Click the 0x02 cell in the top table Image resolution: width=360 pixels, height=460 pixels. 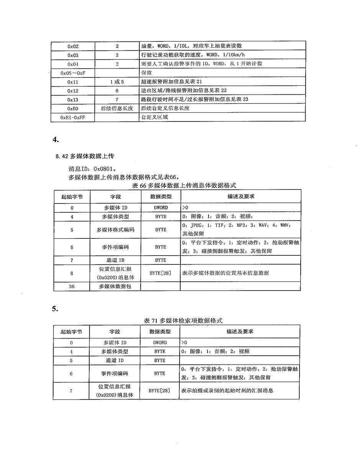(73, 46)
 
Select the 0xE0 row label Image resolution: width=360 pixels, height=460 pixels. (73, 108)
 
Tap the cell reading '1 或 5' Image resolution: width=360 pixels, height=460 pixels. (117, 82)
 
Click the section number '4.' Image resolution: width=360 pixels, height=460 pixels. (56, 140)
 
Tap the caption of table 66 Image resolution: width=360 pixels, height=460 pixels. (184, 185)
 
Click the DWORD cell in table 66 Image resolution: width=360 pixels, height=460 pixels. (160, 208)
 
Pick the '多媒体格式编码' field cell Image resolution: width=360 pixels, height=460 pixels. (115, 230)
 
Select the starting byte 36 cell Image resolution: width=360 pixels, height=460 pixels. (72, 286)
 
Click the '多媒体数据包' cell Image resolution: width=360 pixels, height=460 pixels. (115, 286)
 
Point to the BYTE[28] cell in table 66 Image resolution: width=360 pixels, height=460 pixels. (160, 273)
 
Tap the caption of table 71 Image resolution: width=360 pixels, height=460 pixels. (183, 320)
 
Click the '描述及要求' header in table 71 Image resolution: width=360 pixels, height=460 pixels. (240, 331)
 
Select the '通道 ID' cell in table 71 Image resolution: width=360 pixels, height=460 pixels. (115, 360)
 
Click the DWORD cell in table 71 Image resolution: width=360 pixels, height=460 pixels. (160, 342)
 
